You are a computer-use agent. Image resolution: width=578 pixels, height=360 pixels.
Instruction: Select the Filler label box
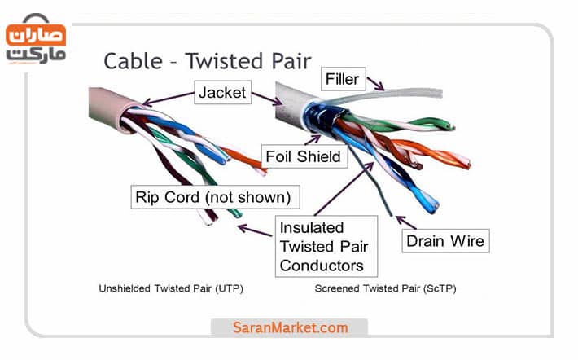click(342, 80)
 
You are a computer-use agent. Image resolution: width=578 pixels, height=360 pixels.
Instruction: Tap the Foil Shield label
click(303, 155)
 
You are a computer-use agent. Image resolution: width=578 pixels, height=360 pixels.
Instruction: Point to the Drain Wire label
click(445, 240)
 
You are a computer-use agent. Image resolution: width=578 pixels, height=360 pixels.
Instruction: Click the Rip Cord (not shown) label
click(213, 196)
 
